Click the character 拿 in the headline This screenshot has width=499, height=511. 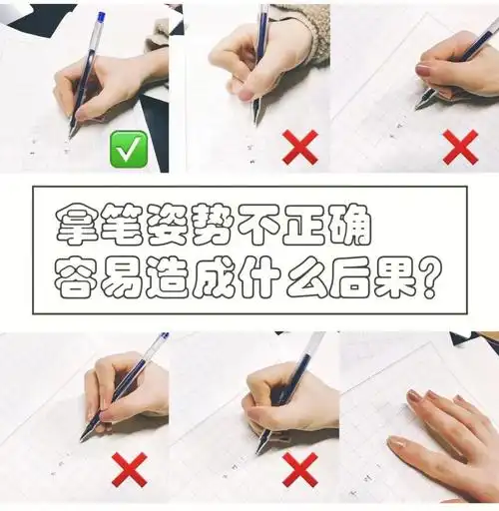click(75, 227)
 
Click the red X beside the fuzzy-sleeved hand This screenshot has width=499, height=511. click(299, 147)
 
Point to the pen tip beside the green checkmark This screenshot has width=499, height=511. click(72, 133)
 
